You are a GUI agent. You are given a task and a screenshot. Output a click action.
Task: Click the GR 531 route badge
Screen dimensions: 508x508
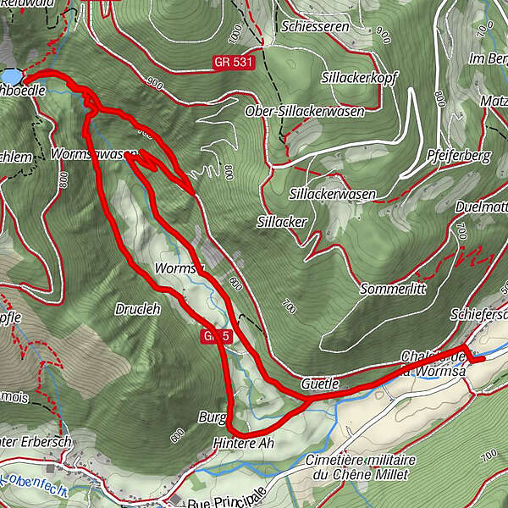(235, 64)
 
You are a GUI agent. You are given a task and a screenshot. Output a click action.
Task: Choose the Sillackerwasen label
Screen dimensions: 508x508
(333, 195)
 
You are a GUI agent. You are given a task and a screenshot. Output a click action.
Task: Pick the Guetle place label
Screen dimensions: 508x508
(321, 384)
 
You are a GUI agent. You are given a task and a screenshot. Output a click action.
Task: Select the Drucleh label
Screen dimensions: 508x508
(137, 309)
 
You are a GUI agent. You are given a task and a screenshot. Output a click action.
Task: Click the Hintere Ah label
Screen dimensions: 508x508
(245, 444)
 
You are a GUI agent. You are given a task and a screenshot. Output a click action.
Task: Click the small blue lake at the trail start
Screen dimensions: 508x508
(9, 75)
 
